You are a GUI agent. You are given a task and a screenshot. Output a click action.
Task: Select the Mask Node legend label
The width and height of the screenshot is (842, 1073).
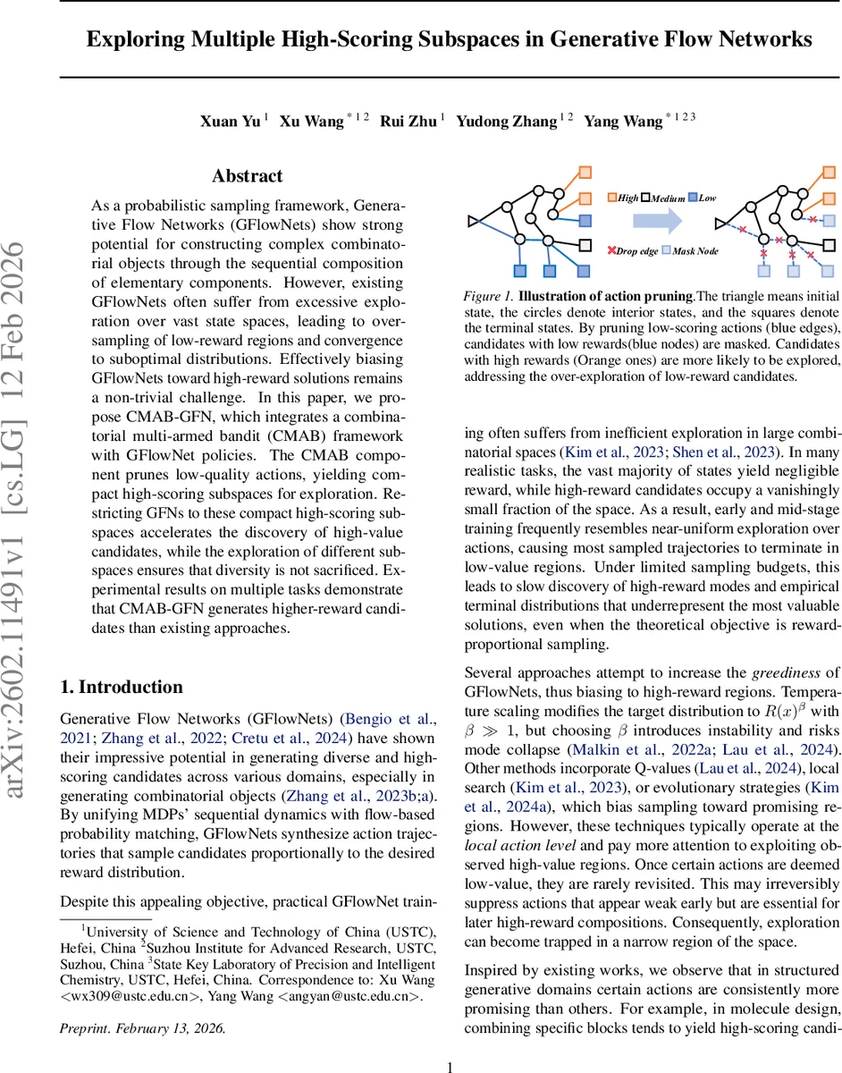pyautogui.click(x=695, y=251)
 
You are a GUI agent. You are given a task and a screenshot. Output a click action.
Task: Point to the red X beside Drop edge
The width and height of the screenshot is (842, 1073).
pyautogui.click(x=611, y=251)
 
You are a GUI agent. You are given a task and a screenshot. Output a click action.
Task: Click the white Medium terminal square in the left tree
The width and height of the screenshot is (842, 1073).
pyautogui.click(x=585, y=243)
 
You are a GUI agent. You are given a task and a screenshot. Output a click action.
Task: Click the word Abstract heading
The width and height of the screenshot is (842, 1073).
pyautogui.click(x=247, y=176)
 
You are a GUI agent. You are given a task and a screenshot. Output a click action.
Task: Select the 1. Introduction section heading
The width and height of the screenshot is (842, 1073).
pyautogui.click(x=121, y=687)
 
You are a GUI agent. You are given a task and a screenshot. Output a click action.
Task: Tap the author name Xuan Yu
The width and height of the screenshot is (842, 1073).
pyautogui.click(x=230, y=122)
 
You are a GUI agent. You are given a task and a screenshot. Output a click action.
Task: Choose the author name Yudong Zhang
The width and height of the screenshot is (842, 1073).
pyautogui.click(x=506, y=122)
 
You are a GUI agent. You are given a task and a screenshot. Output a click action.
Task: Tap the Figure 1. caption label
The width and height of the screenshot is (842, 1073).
pyautogui.click(x=487, y=296)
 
